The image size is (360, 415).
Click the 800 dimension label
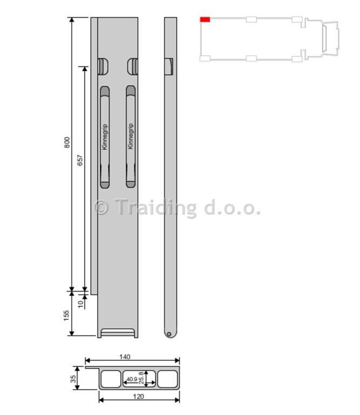tap(67, 143)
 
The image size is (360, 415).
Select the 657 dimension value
tap(80, 160)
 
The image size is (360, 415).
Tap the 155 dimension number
tap(66, 316)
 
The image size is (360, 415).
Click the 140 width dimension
tap(125, 357)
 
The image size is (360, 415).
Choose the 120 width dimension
tap(138, 396)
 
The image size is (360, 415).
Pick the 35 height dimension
tap(73, 379)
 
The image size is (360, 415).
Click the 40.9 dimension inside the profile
tap(132, 379)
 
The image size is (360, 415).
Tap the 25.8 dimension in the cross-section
tap(141, 378)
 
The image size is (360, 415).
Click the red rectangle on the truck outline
tap(205, 19)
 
